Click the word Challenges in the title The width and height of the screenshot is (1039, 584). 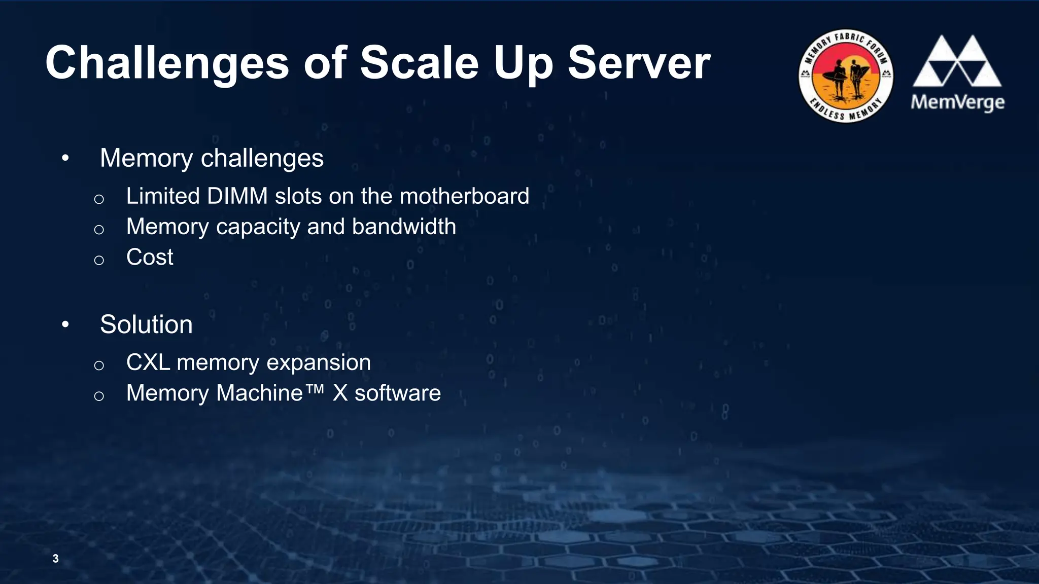(167, 63)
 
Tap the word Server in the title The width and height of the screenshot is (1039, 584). (639, 63)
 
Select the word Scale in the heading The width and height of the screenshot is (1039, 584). (419, 63)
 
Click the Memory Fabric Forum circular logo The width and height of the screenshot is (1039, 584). (846, 76)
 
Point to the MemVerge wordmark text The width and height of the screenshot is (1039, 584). (957, 102)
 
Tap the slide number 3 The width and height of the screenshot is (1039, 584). (55, 559)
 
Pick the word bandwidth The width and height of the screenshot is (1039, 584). (404, 227)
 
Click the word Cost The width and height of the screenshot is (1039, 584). (150, 257)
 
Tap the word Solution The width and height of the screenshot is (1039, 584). (146, 324)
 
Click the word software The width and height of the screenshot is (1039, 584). (397, 393)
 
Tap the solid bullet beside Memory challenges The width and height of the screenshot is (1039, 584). (65, 158)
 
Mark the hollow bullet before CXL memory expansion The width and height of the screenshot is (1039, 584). (99, 366)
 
